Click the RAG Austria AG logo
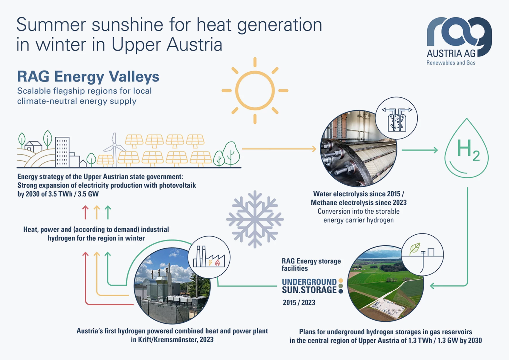pos(459,41)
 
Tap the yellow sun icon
pos(255,91)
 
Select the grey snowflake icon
pos(255,219)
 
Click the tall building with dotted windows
pos(62,152)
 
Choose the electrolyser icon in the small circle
pos(397,118)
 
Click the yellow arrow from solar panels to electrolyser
pos(279,149)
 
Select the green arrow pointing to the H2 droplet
pos(420,150)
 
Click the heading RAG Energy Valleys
pos(88,77)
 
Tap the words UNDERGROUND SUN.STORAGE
pos(309,286)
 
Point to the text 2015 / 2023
pos(299,303)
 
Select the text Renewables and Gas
pos(451,63)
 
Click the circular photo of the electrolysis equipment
pos(359,149)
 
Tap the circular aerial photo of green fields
pos(386,284)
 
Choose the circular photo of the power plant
pos(172,286)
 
